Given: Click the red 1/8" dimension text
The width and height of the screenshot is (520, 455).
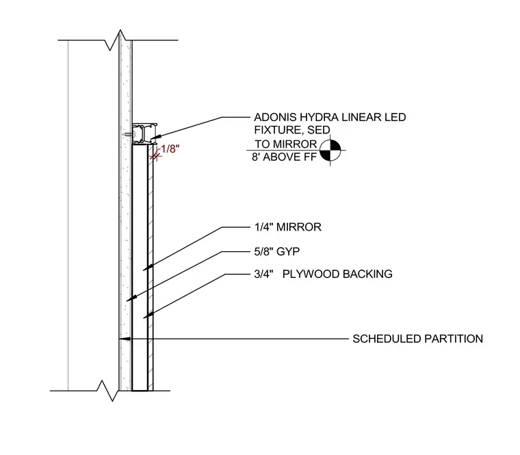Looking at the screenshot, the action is (170, 149).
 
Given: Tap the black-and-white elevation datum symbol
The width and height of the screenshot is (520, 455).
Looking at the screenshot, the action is (330, 151).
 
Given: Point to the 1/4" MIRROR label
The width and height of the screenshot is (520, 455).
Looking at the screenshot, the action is (288, 227).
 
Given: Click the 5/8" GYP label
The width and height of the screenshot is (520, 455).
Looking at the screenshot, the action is (277, 252).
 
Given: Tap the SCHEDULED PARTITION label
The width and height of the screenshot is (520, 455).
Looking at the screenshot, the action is (417, 339).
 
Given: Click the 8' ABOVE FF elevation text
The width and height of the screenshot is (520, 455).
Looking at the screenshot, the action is (284, 157).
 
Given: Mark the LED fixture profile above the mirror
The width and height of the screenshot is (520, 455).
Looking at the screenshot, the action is (144, 134).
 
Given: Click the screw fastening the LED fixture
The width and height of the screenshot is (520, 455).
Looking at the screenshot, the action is (128, 134).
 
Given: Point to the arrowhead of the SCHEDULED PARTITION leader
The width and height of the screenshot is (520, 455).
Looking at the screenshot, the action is (125, 339).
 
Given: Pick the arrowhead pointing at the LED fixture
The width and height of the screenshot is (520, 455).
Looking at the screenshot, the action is (155, 136).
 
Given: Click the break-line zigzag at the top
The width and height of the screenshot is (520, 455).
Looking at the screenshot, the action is (114, 40).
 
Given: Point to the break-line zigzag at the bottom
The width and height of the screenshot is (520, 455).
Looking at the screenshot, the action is (107, 391).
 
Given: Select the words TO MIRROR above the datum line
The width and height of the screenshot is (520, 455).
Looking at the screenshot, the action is (286, 144).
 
